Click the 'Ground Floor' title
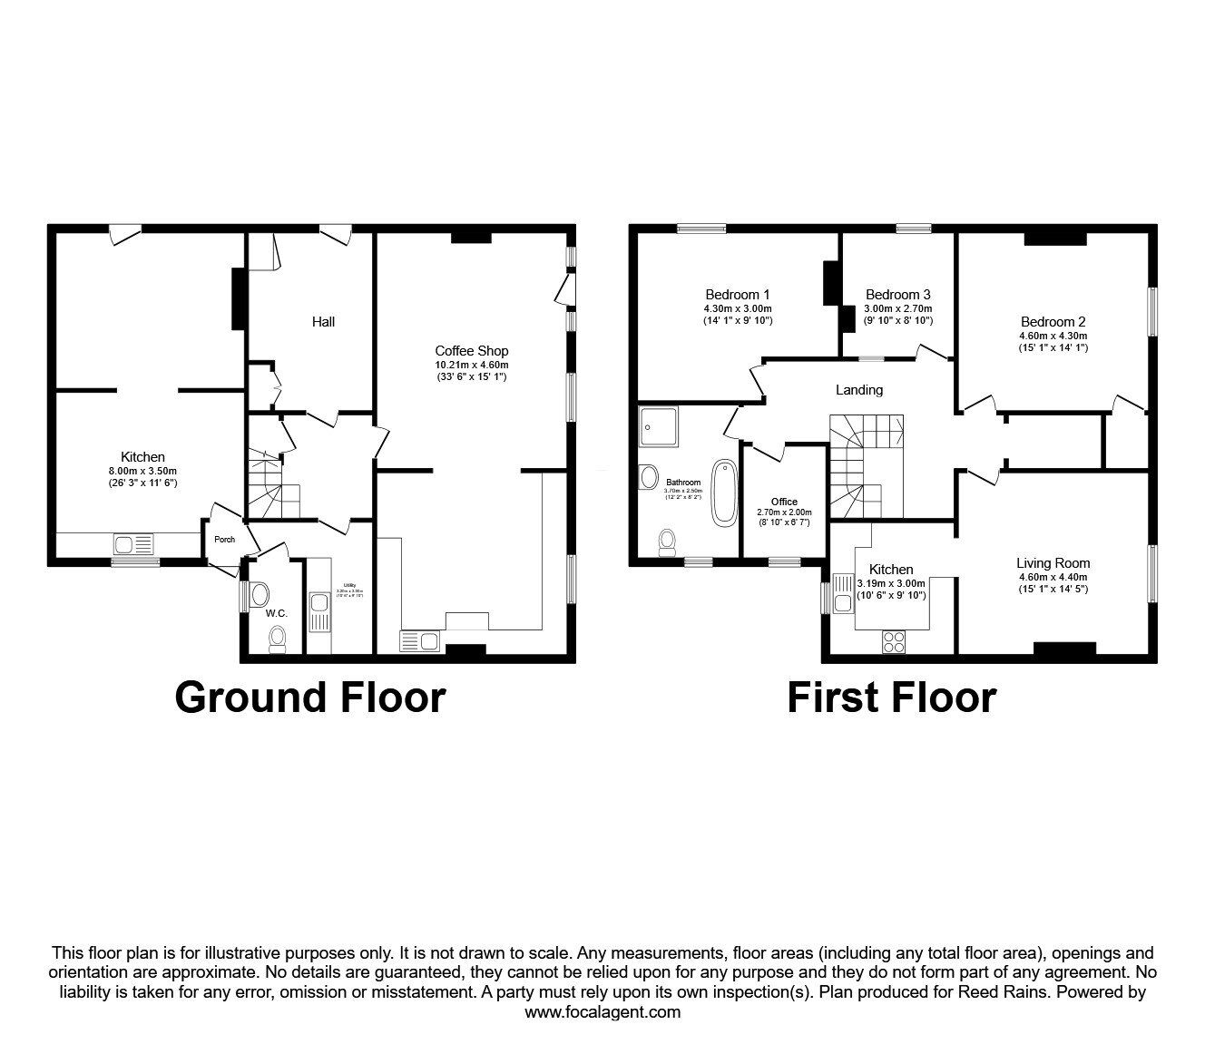point(309,698)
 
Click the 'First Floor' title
point(891,698)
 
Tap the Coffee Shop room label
point(471,351)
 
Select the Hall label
point(323,322)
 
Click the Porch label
point(224,540)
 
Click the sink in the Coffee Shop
point(419,642)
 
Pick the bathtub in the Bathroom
point(725,493)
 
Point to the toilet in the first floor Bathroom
point(667,542)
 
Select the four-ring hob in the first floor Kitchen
point(893,641)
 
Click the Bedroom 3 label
point(897,295)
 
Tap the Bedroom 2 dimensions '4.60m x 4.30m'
point(1053,335)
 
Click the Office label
point(784,502)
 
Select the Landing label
point(858,390)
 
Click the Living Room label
point(1053,563)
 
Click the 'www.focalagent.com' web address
point(602,1012)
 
